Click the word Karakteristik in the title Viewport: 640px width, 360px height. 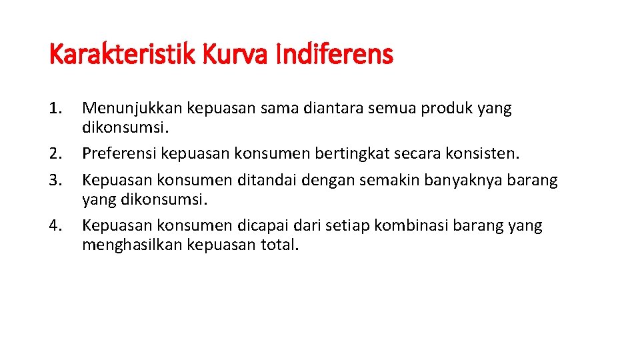coord(123,55)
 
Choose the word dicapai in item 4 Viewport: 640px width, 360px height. coord(264,226)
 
